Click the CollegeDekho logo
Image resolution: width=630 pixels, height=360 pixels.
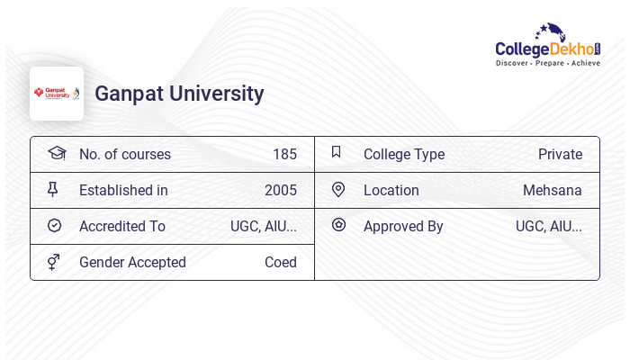(547, 46)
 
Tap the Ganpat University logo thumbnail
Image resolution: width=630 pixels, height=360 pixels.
(57, 94)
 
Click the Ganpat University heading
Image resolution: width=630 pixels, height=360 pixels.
(179, 94)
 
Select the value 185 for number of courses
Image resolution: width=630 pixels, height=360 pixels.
(284, 154)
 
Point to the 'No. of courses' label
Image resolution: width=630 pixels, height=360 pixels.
(125, 154)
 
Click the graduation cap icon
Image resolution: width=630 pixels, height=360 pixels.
(56, 153)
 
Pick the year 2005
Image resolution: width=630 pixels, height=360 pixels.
(281, 190)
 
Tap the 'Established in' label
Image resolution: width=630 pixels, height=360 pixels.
(123, 190)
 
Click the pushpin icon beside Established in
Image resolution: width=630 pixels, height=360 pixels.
(53, 189)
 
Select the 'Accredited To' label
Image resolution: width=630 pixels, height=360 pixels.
(122, 226)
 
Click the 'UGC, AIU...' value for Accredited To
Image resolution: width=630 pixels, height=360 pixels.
(264, 226)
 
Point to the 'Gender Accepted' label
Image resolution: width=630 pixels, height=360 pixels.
(132, 262)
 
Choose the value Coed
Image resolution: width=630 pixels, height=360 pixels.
(281, 262)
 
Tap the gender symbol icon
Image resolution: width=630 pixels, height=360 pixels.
(54, 262)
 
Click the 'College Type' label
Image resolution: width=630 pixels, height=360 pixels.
(404, 154)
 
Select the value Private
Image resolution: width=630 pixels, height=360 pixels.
(560, 154)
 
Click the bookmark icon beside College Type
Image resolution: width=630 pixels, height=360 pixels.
(337, 152)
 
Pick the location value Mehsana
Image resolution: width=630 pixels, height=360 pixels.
(553, 190)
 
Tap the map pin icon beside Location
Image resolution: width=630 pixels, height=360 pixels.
(338, 189)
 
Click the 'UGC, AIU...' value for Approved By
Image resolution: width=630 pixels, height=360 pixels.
(549, 226)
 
